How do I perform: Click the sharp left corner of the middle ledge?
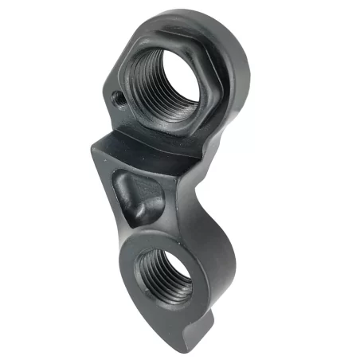94,147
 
